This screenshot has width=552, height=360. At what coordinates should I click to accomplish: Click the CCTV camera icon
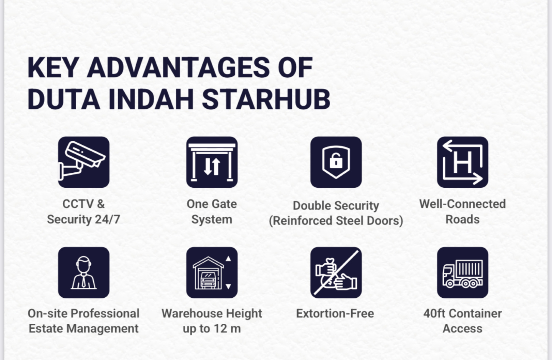coord(83,162)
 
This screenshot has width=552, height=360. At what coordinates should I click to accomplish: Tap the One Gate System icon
coord(212,162)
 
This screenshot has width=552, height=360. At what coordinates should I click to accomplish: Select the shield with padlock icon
coord(336,162)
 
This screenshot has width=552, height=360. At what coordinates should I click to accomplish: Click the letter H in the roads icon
coord(462,162)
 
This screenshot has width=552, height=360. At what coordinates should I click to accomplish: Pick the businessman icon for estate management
coord(83,272)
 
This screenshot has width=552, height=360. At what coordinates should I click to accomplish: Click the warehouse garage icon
coord(212,272)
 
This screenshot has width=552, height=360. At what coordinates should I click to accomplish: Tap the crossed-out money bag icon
coord(336,272)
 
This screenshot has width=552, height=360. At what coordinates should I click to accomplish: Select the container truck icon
coord(462,272)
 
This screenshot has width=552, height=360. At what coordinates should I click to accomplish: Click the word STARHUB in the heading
coord(266,99)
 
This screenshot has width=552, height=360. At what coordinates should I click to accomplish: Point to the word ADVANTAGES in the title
coord(179,67)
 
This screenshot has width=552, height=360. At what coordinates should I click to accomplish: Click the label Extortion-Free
coord(335,313)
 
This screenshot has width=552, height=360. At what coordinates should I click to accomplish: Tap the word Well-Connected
coord(462,204)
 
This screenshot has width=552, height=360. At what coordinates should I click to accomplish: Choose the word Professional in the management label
coord(105,313)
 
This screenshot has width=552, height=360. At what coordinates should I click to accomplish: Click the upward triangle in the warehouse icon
coord(228,259)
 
